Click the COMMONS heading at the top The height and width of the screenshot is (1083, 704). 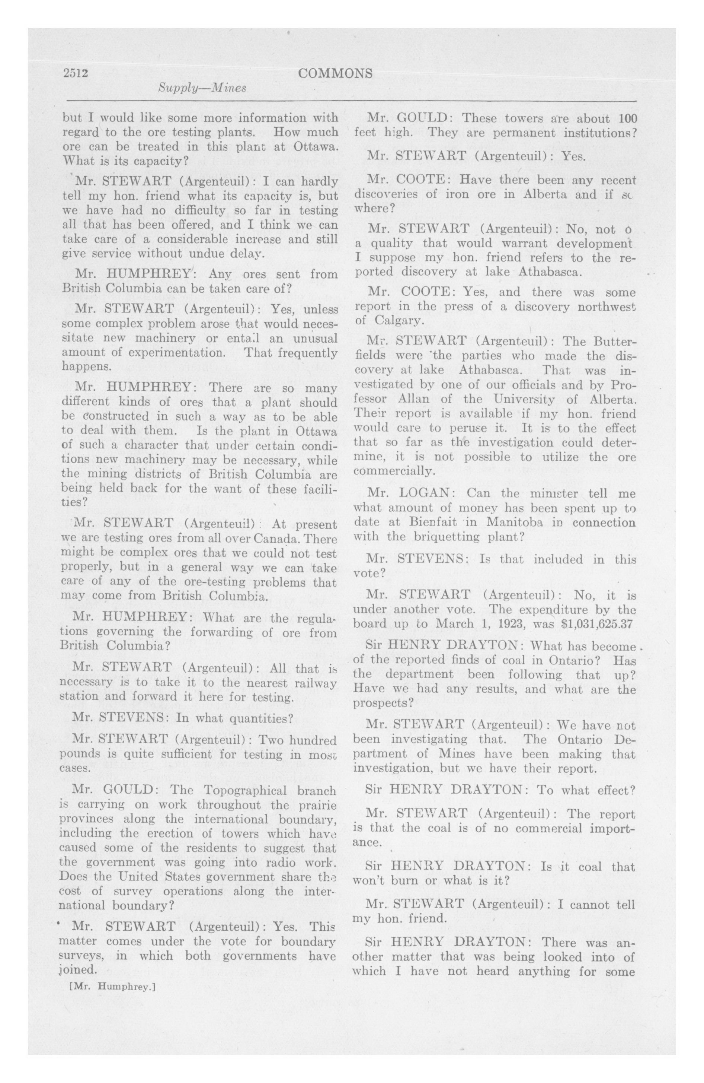(x=335, y=73)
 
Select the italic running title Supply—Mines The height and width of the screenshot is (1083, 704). (x=202, y=88)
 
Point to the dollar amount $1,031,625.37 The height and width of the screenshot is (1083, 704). (x=597, y=624)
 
